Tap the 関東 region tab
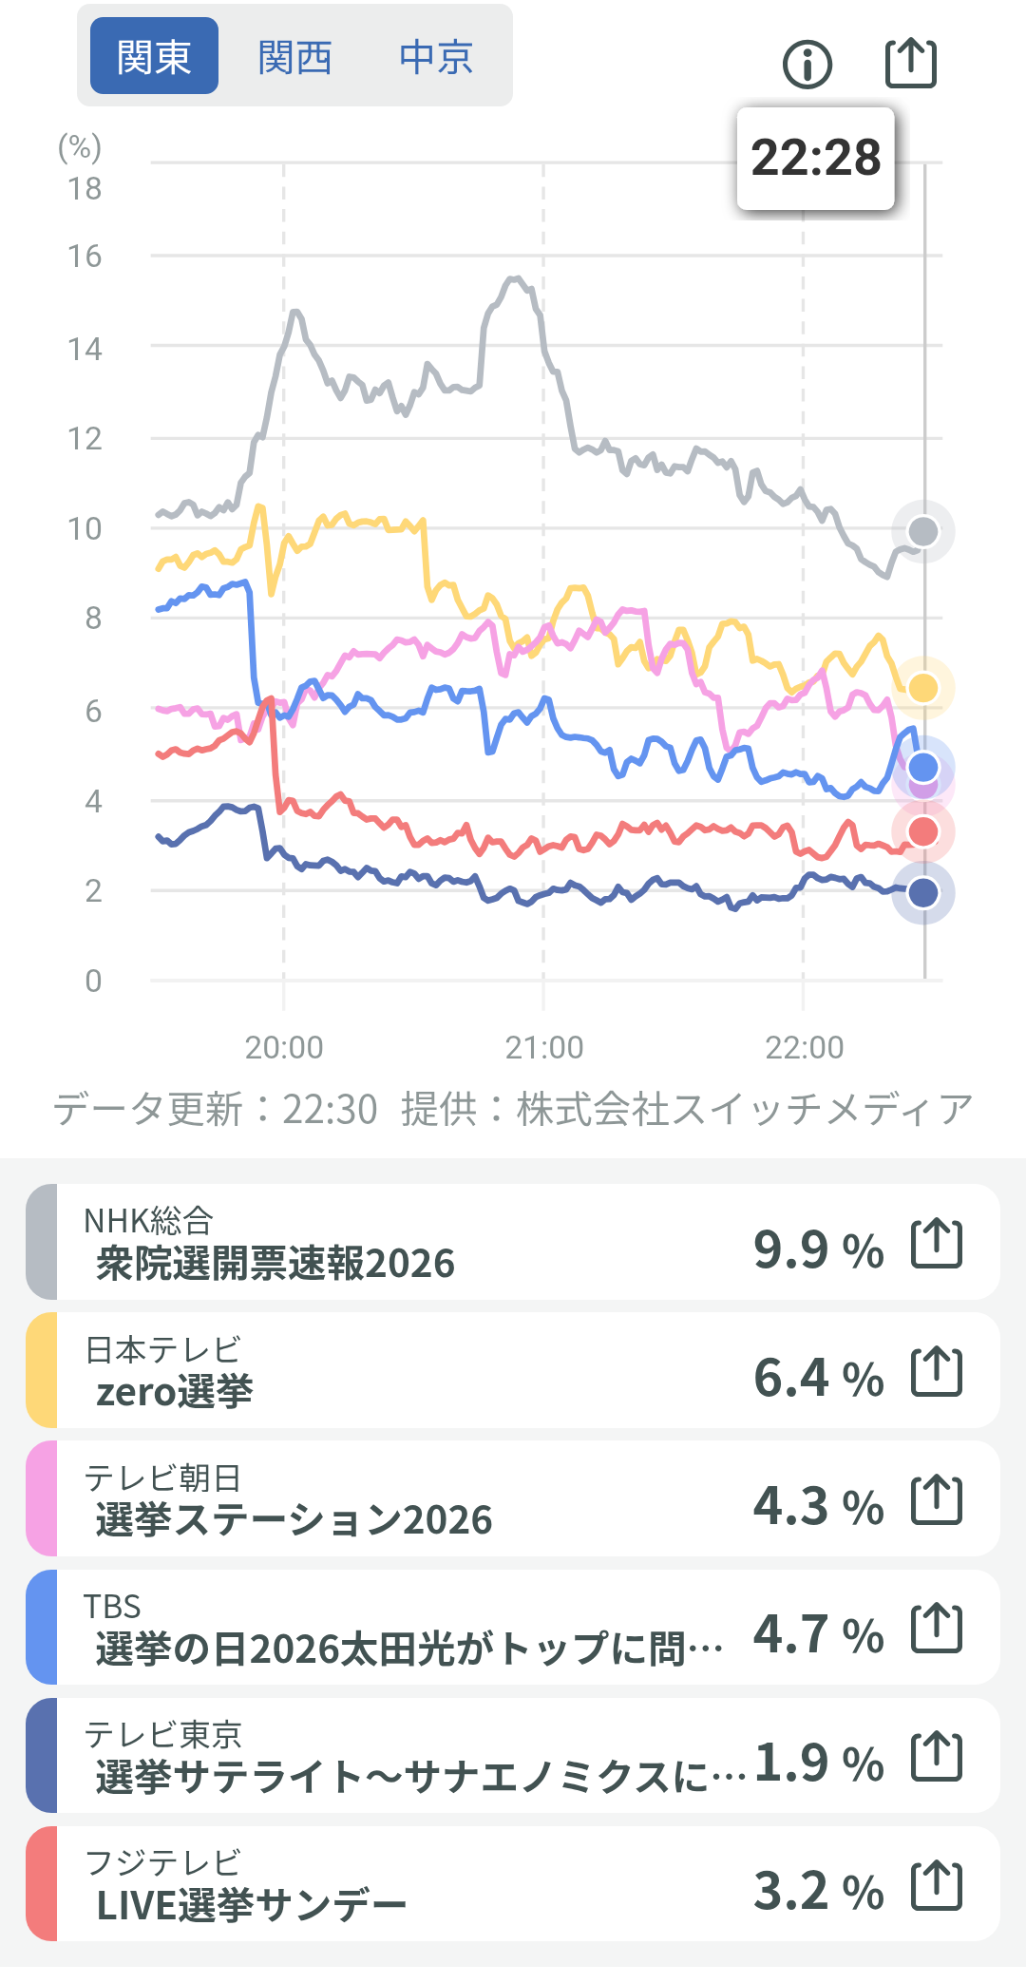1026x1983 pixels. (154, 57)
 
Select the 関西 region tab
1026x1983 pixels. (294, 57)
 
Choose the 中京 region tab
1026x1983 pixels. (436, 57)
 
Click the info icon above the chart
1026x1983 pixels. (807, 65)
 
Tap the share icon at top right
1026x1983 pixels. (911, 63)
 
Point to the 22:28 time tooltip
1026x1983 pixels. (816, 158)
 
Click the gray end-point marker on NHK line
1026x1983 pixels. (923, 531)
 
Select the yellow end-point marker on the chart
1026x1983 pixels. (923, 687)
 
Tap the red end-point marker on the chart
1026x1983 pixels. (923, 831)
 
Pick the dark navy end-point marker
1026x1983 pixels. (923, 892)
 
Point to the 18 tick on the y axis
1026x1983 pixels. (85, 188)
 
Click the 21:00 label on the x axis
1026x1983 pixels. (543, 1047)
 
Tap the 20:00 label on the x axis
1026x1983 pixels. (284, 1047)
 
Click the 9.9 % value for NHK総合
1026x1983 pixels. (818, 1249)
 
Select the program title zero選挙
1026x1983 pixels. (175, 1392)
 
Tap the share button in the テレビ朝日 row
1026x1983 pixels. (937, 1500)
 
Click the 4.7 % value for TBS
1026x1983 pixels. (818, 1634)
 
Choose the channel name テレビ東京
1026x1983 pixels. (163, 1735)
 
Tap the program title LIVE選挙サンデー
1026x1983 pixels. (252, 1905)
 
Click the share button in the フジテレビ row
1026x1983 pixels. (937, 1886)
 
